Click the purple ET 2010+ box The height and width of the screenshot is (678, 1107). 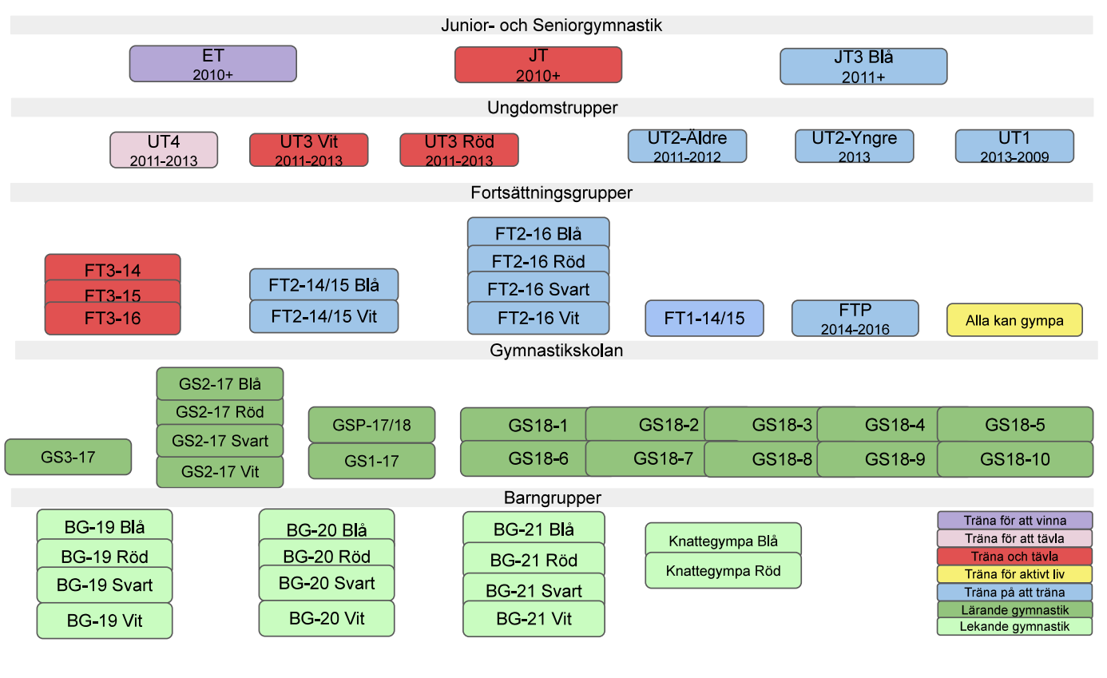point(212,64)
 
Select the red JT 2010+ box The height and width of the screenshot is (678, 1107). point(538,65)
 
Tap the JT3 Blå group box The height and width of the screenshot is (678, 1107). point(863,66)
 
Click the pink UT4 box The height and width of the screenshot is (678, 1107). point(164,150)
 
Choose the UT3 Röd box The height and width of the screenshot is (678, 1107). point(458,150)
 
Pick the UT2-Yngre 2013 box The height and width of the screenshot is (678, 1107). point(854,146)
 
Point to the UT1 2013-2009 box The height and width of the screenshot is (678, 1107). point(1014,146)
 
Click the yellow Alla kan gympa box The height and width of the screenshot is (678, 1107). point(1014,320)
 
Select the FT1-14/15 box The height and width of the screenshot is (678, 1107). point(704,318)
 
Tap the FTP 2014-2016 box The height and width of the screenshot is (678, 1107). point(855,318)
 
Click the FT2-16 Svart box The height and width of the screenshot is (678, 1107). point(538,288)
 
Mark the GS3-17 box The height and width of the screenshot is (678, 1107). point(68,457)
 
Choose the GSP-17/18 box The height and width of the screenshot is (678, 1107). point(371,425)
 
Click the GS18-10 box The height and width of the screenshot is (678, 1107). point(1014,459)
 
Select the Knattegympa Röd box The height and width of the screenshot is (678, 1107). point(723,572)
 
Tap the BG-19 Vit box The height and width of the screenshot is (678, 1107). point(105,621)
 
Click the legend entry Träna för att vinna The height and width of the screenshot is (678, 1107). point(1014,521)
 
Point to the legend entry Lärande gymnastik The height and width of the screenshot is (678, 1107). point(1014,610)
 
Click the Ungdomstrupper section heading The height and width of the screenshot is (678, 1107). point(552,108)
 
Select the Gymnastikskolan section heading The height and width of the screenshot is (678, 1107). point(556,351)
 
